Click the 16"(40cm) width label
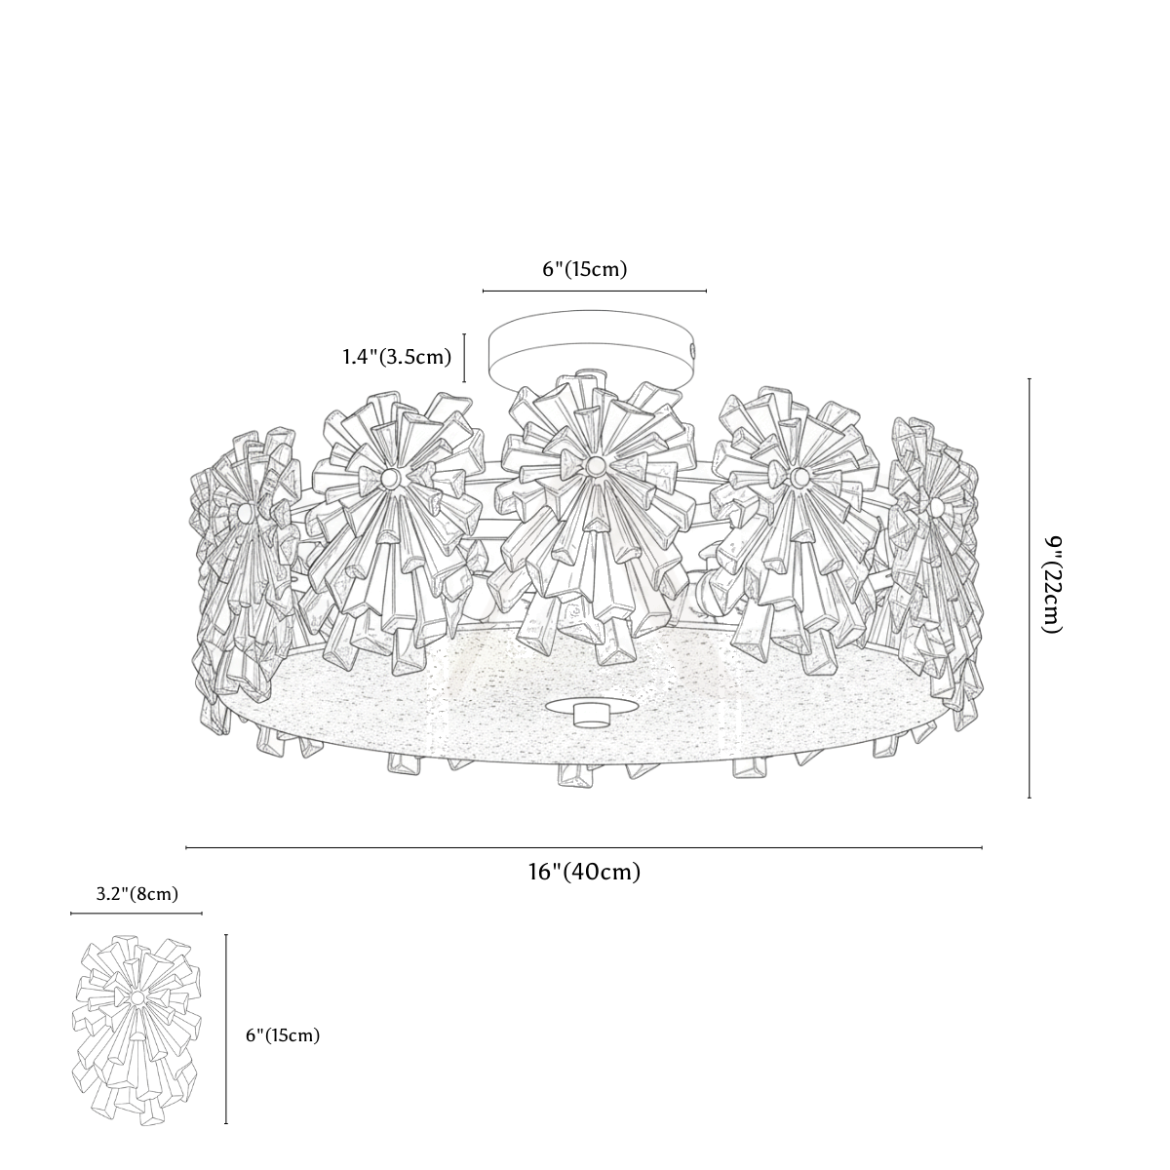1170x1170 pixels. [584, 872]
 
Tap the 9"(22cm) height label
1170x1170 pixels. [1051, 585]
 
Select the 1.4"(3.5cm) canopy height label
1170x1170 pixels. [397, 357]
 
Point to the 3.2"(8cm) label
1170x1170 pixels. [137, 894]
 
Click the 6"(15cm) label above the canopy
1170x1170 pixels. [584, 269]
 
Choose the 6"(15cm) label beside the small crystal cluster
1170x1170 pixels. [283, 1035]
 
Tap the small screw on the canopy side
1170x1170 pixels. [693, 349]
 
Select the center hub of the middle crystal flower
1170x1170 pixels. [593, 464]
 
